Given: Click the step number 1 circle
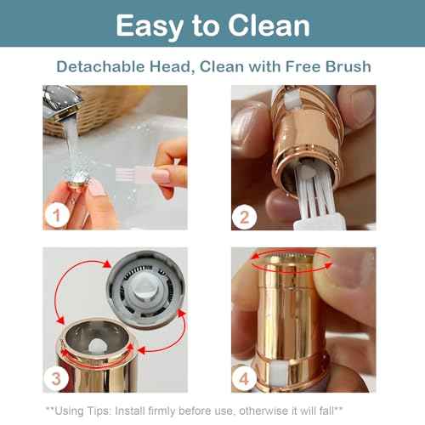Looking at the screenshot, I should pos(58,216).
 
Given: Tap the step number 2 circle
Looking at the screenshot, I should pos(245,216).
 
